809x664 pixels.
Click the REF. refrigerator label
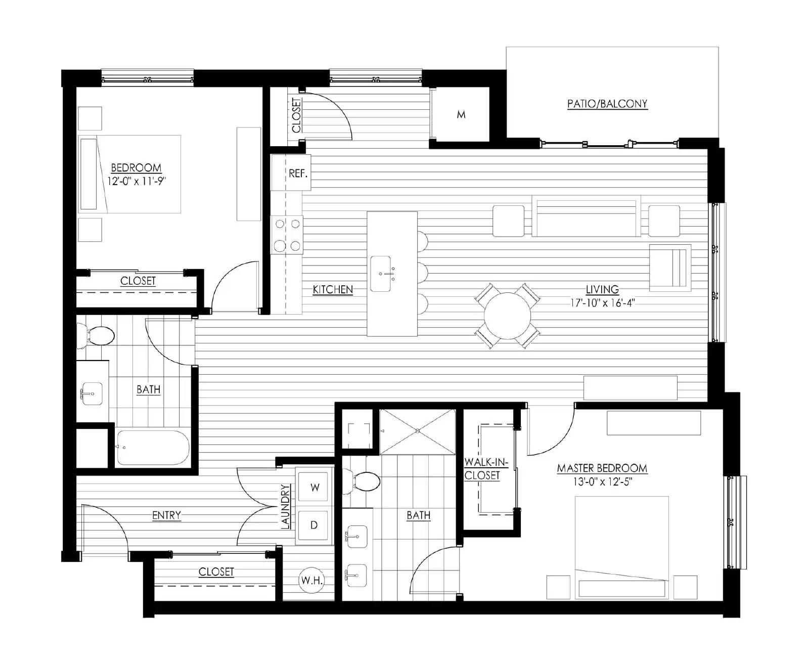click(x=298, y=173)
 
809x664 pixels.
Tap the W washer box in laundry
click(x=314, y=488)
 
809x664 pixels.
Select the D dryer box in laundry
click(x=314, y=525)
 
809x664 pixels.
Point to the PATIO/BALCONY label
click(x=607, y=104)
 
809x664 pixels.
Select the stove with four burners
click(x=287, y=235)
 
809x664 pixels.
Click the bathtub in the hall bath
click(x=153, y=448)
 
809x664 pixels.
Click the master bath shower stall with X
click(x=418, y=431)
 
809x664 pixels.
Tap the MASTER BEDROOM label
click(x=602, y=468)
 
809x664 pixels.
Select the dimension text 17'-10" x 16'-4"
click(x=602, y=303)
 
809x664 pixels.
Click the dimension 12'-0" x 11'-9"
click(x=137, y=181)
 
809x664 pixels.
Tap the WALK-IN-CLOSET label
click(x=482, y=469)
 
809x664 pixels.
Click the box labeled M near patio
click(x=461, y=115)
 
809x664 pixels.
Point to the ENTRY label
click(x=166, y=515)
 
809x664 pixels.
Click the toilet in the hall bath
click(x=97, y=335)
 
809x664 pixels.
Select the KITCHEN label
click(x=333, y=290)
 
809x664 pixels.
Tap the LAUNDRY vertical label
click(x=286, y=507)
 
